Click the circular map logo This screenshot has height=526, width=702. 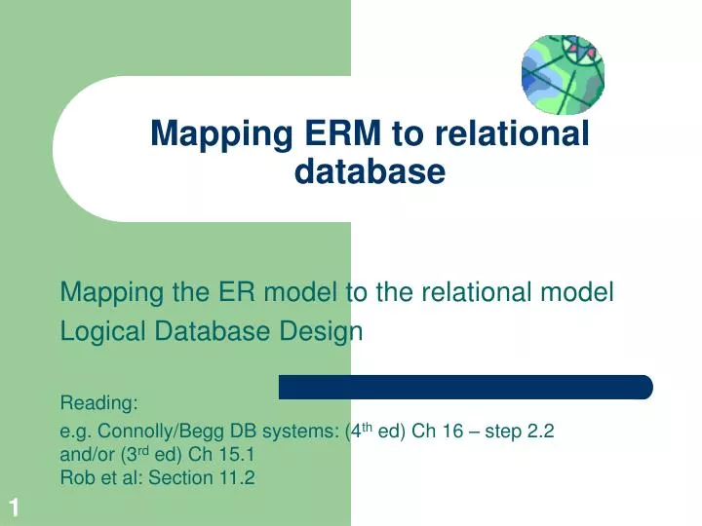point(562,74)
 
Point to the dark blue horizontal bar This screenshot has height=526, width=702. point(465,387)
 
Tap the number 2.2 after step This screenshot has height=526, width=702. point(540,432)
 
